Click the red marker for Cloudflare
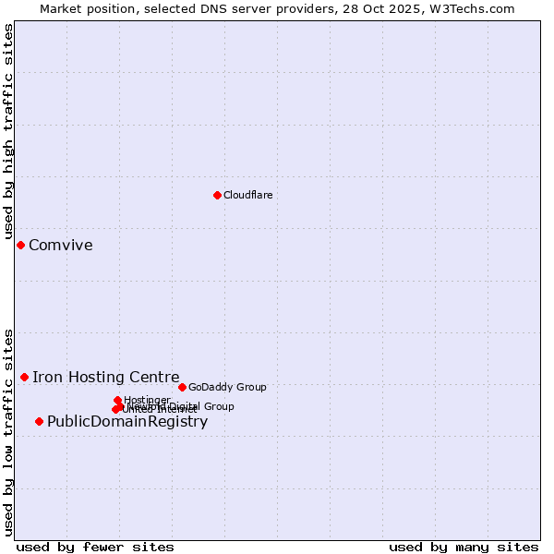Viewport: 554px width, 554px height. (217, 195)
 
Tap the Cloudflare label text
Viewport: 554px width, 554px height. (247, 195)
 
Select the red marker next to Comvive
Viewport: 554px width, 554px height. (20, 245)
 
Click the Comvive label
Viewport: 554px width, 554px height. (60, 245)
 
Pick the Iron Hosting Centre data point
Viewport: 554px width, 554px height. (24, 377)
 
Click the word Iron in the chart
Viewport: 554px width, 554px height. (44, 377)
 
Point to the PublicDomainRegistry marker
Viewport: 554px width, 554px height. (39, 421)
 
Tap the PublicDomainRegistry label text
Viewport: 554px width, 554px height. (126, 422)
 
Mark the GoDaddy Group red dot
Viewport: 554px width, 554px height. (182, 387)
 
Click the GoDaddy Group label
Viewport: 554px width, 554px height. (226, 387)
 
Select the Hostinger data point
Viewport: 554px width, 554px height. (117, 400)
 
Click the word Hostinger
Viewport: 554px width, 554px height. (147, 400)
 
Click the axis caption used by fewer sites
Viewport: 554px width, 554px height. (95, 547)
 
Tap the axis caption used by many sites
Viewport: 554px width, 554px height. (464, 547)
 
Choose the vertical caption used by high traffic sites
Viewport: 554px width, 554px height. (8, 132)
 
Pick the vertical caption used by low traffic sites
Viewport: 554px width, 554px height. (8, 431)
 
